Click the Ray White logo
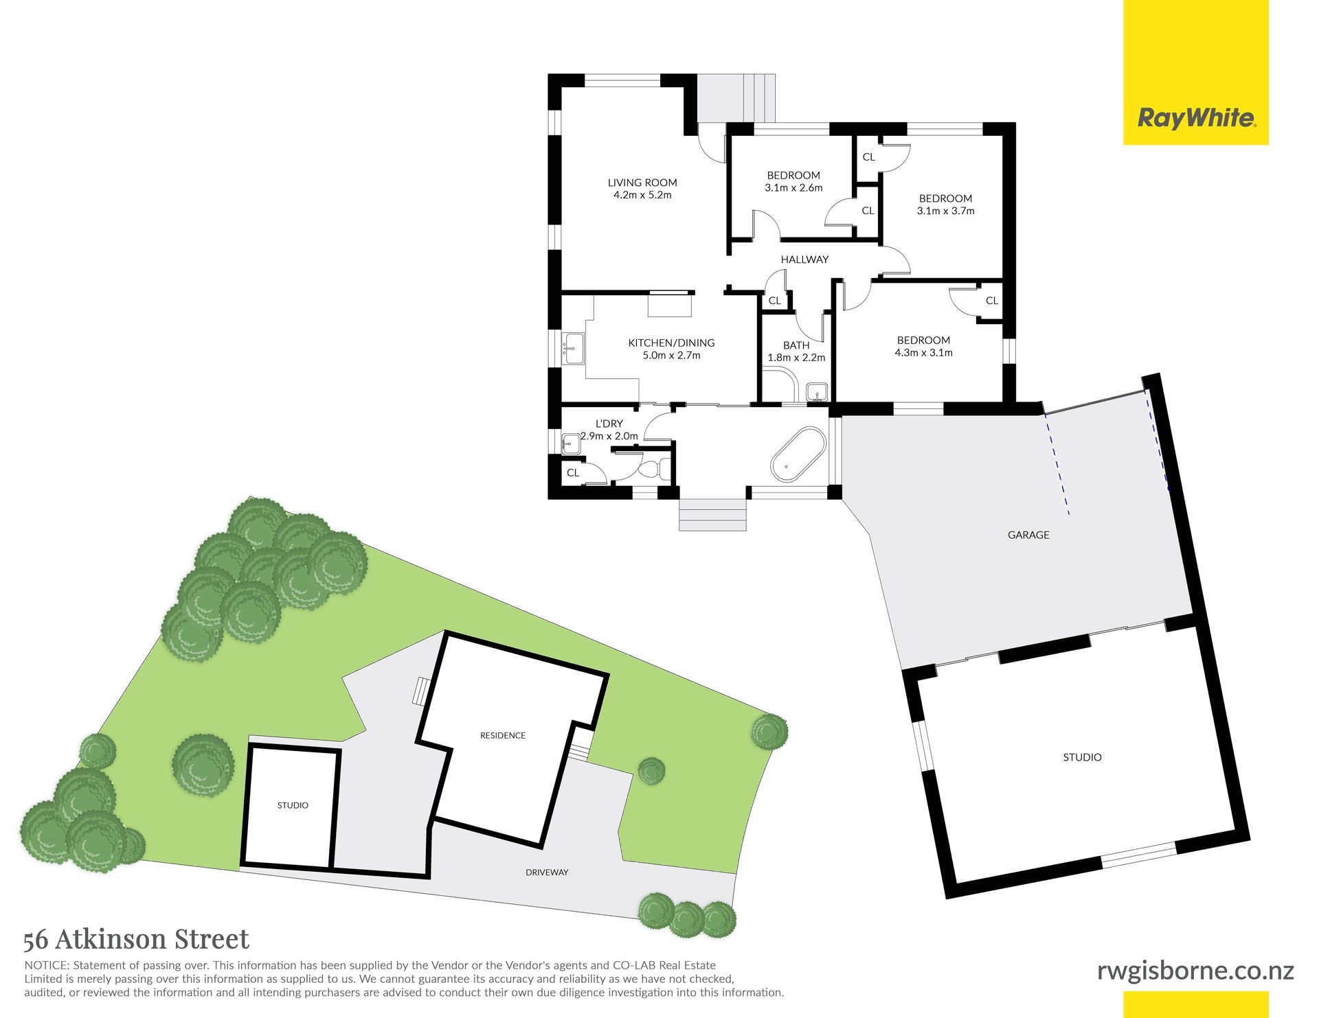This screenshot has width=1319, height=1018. [x=1196, y=118]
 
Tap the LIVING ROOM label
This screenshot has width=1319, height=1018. [x=642, y=183]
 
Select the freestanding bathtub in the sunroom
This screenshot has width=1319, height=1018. [x=798, y=454]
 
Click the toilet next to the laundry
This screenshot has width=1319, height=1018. [x=653, y=470]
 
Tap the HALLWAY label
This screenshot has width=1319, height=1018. [x=804, y=259]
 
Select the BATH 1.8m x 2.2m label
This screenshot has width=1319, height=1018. [x=796, y=351]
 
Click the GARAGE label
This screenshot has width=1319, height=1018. [x=1028, y=535]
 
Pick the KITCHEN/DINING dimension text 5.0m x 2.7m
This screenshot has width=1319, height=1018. [x=671, y=356]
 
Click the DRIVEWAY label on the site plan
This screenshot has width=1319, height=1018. [x=547, y=872]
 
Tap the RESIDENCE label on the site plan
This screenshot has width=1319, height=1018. [x=503, y=735]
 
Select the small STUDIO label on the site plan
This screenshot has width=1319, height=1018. [x=293, y=805]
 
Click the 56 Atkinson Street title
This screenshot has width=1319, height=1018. [x=136, y=939]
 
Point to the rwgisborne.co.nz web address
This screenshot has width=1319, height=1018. [x=1195, y=971]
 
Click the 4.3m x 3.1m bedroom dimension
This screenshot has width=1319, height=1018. [x=923, y=353]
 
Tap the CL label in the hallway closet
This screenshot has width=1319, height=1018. [x=775, y=301]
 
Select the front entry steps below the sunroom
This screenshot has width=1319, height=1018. [x=712, y=515]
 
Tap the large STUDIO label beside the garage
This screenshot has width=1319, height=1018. [x=1082, y=757]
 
